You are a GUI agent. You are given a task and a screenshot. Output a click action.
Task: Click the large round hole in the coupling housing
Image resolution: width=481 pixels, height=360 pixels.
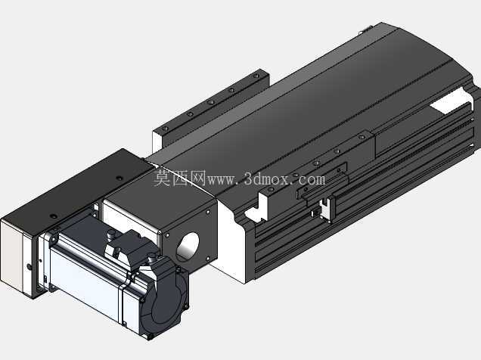(x=188, y=247)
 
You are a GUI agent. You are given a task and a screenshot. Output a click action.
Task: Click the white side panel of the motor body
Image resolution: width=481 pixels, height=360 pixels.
(x=86, y=284)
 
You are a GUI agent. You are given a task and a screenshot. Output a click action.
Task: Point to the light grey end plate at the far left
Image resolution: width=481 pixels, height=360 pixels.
(x=11, y=255)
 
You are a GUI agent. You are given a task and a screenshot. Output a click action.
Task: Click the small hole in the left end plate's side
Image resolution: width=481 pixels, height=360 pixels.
(x=29, y=267)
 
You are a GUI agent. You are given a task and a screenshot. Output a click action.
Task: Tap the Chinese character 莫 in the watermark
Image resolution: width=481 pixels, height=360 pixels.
(x=162, y=178)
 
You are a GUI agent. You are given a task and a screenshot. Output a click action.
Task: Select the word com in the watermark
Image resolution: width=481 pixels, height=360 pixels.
(x=310, y=179)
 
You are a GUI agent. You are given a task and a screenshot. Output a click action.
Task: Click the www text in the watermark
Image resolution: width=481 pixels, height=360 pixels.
(x=222, y=180)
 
